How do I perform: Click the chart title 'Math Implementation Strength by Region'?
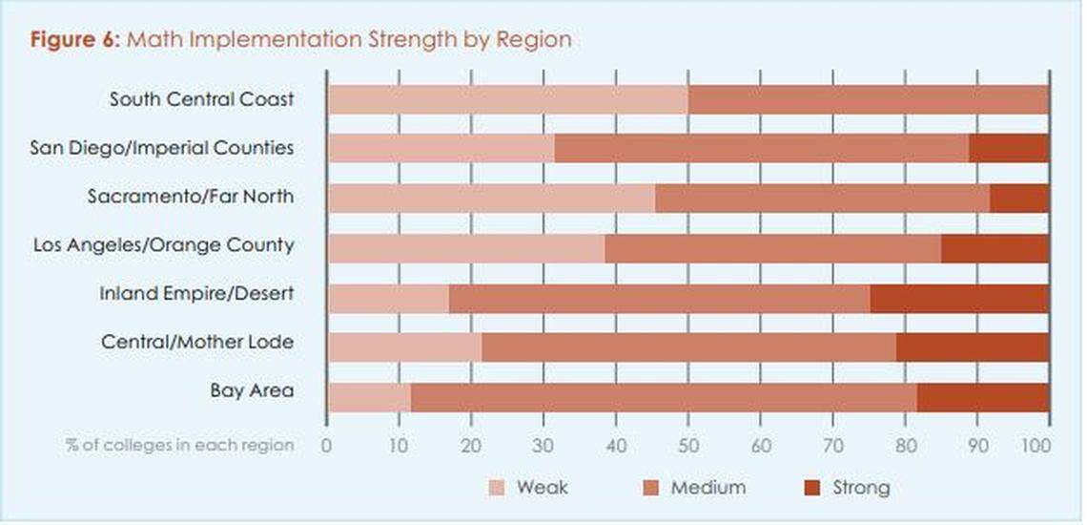click(349, 39)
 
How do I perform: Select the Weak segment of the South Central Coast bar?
click(507, 99)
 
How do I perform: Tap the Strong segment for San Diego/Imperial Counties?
click(1009, 148)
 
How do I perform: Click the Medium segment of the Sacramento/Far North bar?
click(823, 197)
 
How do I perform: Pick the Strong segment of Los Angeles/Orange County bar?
click(995, 245)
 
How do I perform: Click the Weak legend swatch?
click(497, 488)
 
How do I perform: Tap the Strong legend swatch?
click(811, 488)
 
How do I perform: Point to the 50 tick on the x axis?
click(687, 446)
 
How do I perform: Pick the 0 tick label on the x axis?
click(326, 446)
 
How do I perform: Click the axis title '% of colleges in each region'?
click(179, 446)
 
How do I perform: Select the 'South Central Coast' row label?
click(201, 99)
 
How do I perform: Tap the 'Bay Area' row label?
click(252, 391)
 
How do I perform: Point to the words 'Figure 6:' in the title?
click(75, 39)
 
